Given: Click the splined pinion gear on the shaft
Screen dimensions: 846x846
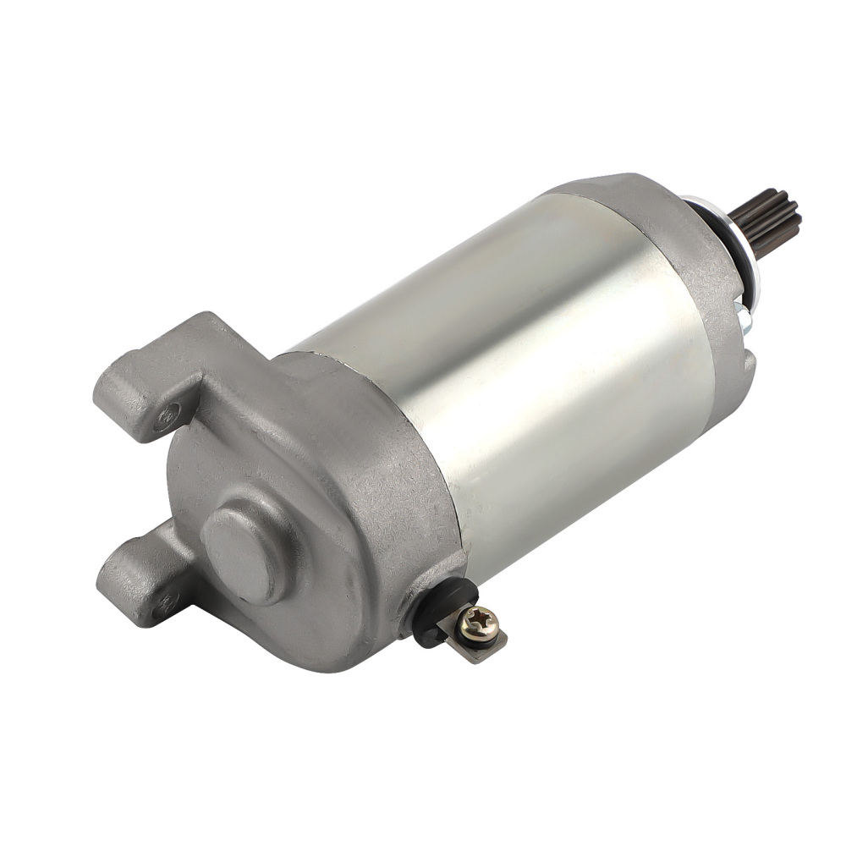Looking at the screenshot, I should [x=766, y=222].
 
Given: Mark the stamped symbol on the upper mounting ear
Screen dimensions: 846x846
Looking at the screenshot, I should [x=169, y=414].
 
